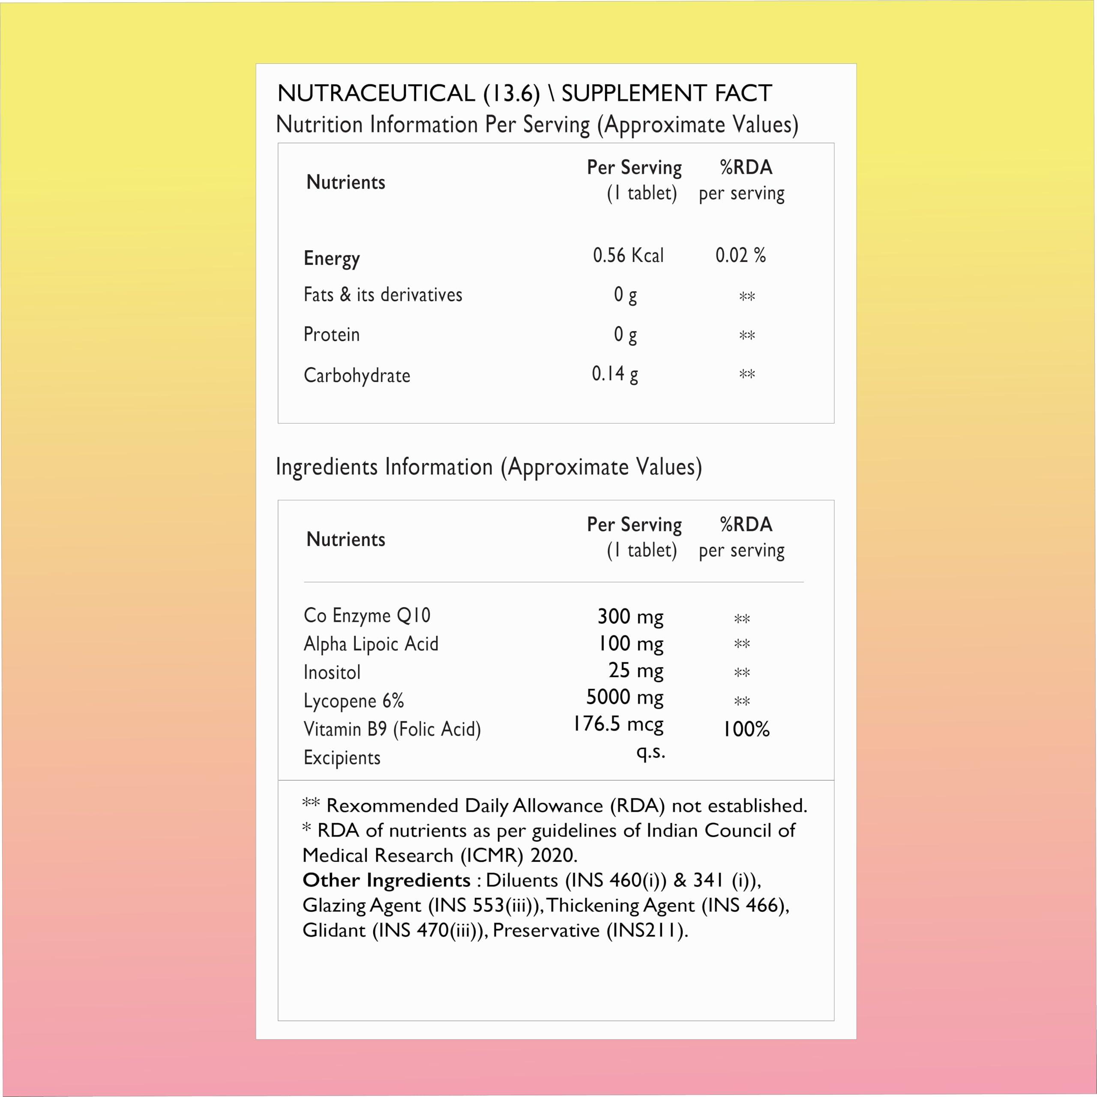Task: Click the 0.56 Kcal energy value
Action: (628, 255)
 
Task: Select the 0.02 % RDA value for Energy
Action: (740, 255)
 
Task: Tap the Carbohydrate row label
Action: (357, 375)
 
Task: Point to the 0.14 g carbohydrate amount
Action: (615, 374)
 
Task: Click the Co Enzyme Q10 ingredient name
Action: (367, 615)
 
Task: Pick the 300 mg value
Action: (630, 617)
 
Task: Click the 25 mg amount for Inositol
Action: (636, 671)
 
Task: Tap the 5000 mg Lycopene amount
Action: (625, 697)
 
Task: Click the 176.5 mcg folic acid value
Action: (618, 724)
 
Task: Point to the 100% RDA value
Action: (746, 729)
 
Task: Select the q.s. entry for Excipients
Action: (651, 751)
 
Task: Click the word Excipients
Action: (342, 758)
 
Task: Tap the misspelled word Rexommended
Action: (393, 806)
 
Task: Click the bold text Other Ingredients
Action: (387, 880)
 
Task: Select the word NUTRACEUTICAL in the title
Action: (376, 93)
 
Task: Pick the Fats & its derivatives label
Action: (383, 295)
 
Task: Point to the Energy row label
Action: (332, 258)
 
